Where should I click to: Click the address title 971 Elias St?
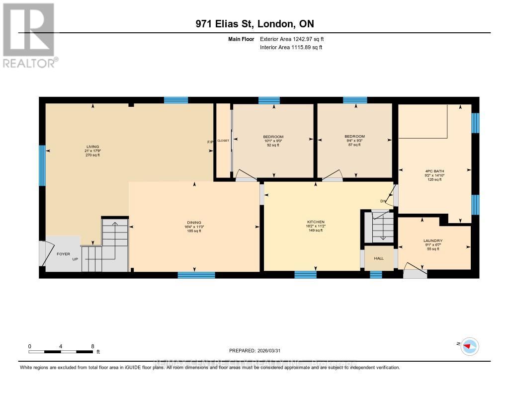(254, 24)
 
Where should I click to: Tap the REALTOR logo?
(29, 35)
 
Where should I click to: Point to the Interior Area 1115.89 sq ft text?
(291, 47)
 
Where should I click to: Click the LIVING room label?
(92, 147)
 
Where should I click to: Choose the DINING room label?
(194, 222)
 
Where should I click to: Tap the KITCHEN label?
(316, 222)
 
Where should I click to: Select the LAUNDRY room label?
(434, 241)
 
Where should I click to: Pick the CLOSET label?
(223, 141)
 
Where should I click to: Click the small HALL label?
(379, 258)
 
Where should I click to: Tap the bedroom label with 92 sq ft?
(273, 137)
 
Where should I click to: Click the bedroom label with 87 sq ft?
(354, 137)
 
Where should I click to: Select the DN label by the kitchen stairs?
(383, 201)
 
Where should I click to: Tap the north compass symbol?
(469, 346)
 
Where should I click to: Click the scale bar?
(61, 352)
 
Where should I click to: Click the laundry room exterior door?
(415, 273)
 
